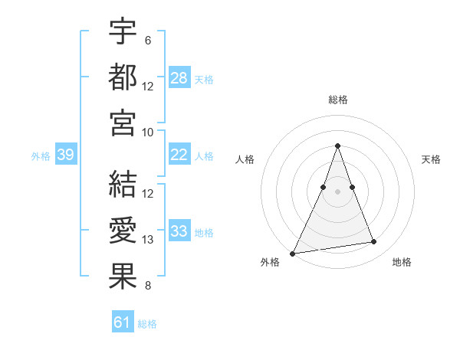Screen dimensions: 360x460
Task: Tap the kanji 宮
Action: [123, 123]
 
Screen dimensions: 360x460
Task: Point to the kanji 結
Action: [123, 184]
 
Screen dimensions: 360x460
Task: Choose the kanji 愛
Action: [123, 231]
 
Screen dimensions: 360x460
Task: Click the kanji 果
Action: [123, 277]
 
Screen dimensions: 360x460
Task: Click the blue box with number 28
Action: [179, 78]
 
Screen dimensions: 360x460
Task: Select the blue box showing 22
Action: [179, 155]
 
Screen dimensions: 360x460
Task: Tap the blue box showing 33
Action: [179, 232]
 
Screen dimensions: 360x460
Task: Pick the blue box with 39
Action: [65, 155]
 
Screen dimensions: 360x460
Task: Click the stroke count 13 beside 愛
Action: [148, 241]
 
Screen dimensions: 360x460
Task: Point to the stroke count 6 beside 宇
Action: [148, 40]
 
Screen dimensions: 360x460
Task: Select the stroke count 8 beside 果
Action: [148, 286]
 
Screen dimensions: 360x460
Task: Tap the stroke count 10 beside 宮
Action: [148, 133]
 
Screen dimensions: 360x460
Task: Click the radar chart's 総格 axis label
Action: [338, 100]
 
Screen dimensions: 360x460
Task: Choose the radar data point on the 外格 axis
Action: [293, 253]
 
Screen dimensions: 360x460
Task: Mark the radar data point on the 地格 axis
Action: [374, 242]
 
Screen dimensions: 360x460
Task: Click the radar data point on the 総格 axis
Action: [338, 146]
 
